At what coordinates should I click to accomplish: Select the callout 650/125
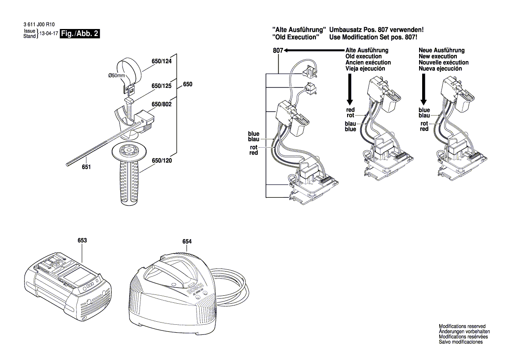click(161, 86)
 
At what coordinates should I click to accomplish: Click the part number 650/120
click(161, 161)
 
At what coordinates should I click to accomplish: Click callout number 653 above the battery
click(82, 240)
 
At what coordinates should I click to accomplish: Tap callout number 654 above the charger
click(187, 241)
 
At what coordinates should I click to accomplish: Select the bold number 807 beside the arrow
click(278, 51)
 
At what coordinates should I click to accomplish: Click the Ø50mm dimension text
click(116, 76)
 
